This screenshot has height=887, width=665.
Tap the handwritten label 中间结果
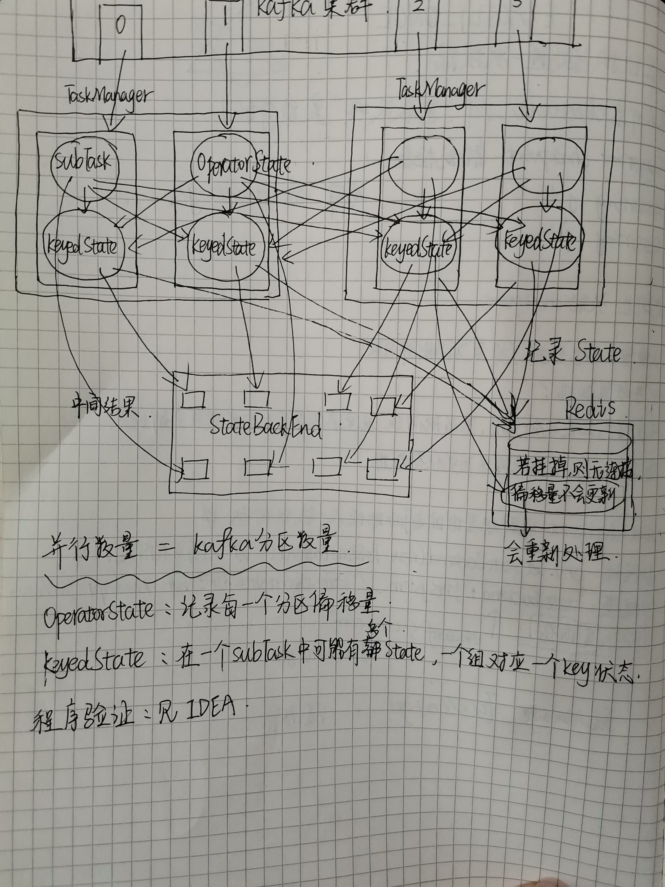tap(105, 406)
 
